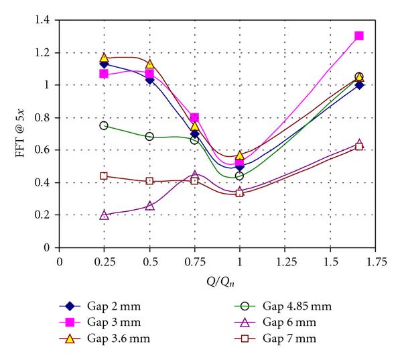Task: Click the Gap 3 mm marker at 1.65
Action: pyautogui.click(x=359, y=36)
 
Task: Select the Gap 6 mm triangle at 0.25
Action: pyautogui.click(x=104, y=215)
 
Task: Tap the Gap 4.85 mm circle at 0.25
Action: pyautogui.click(x=104, y=125)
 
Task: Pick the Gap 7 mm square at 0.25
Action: pyautogui.click(x=104, y=176)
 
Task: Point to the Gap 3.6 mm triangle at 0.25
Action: pyautogui.click(x=104, y=58)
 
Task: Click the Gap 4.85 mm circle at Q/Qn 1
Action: pyautogui.click(x=239, y=176)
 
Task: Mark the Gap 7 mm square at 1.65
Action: pyautogui.click(x=359, y=146)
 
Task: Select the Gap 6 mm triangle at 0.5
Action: pyautogui.click(x=149, y=206)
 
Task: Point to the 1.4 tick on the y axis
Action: pyautogui.click(x=45, y=21)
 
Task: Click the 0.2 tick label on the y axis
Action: pyautogui.click(x=45, y=215)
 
